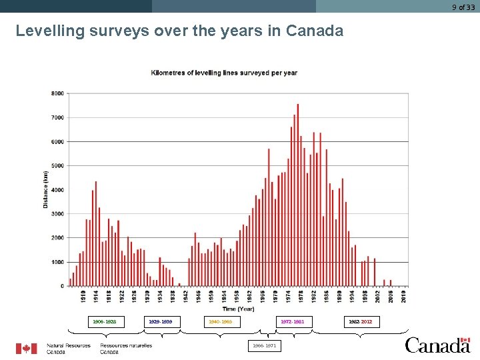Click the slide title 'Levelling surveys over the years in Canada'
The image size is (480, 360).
(179, 31)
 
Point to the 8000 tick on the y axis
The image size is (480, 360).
(57, 93)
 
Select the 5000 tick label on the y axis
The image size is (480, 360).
(57, 165)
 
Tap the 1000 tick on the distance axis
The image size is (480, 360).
(57, 262)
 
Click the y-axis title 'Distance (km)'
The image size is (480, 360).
(46, 189)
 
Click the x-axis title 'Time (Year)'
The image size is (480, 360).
(238, 309)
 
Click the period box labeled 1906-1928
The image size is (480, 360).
(104, 322)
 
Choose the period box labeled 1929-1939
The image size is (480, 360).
(160, 322)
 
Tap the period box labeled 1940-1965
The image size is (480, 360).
(220, 322)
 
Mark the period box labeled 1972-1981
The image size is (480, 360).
(292, 322)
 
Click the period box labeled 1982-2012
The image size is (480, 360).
(360, 322)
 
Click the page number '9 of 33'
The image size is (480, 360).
(463, 7)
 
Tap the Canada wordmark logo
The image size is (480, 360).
(438, 345)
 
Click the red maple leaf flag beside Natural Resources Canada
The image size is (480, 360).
(27, 349)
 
